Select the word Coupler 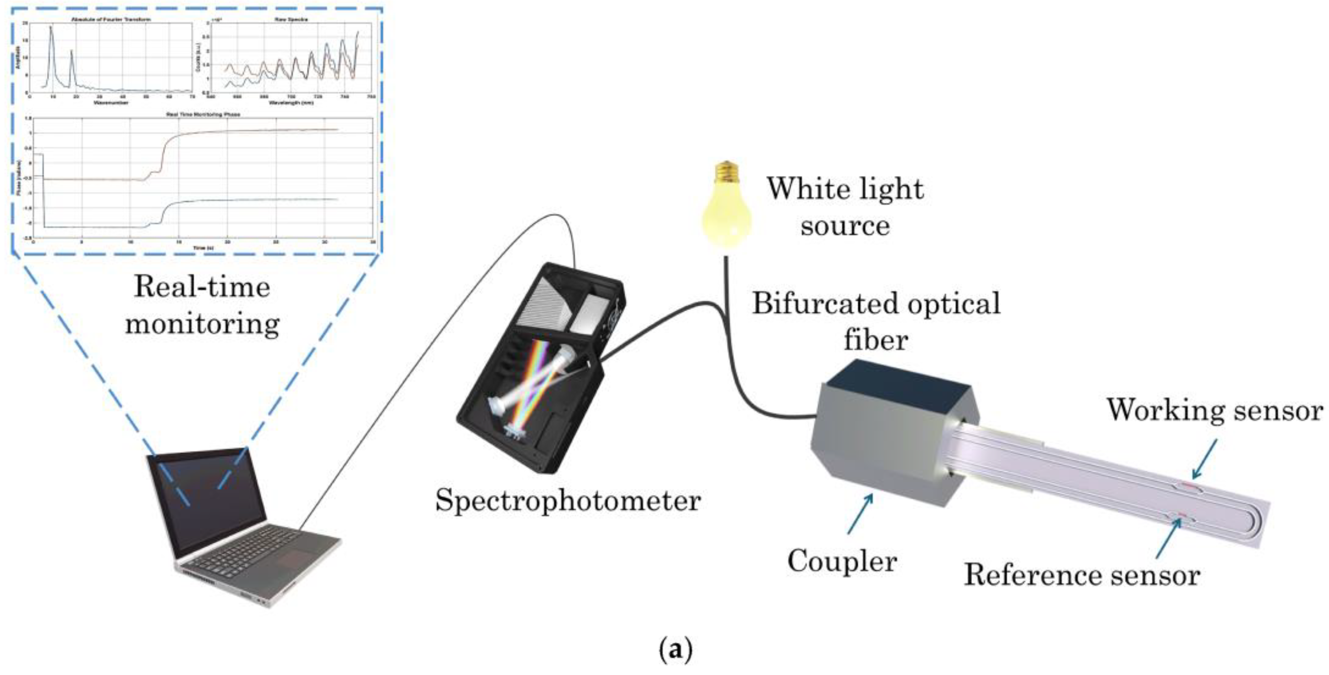click(842, 560)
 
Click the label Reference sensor click(1081, 575)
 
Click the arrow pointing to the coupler click(859, 514)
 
